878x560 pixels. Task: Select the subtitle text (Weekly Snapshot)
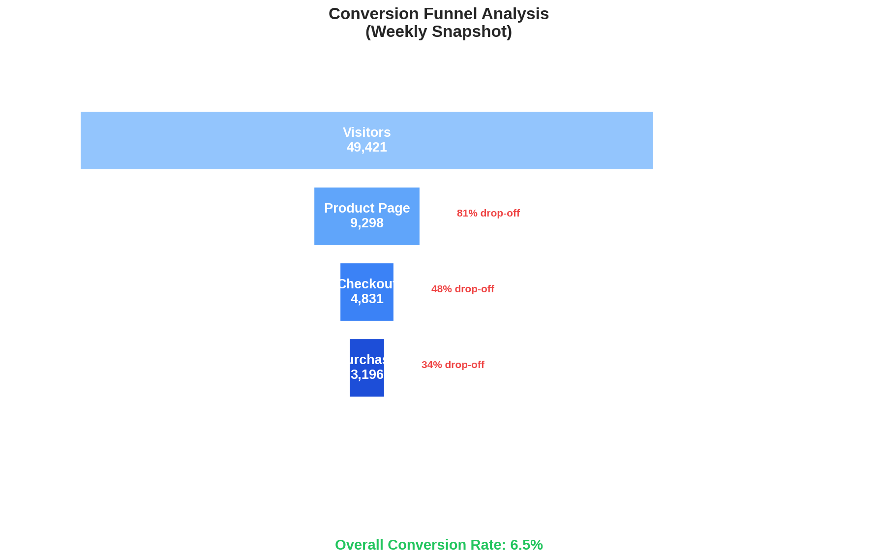point(438,31)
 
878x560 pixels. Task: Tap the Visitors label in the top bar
point(366,132)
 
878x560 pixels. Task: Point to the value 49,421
point(366,147)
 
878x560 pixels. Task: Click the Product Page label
point(366,208)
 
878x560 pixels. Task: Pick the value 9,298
point(366,223)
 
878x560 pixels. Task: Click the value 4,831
point(366,299)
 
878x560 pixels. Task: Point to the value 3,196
point(366,374)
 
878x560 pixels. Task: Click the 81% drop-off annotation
point(488,213)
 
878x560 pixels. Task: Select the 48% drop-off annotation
point(462,289)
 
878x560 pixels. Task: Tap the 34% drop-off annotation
point(453,365)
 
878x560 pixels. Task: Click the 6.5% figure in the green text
point(526,545)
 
